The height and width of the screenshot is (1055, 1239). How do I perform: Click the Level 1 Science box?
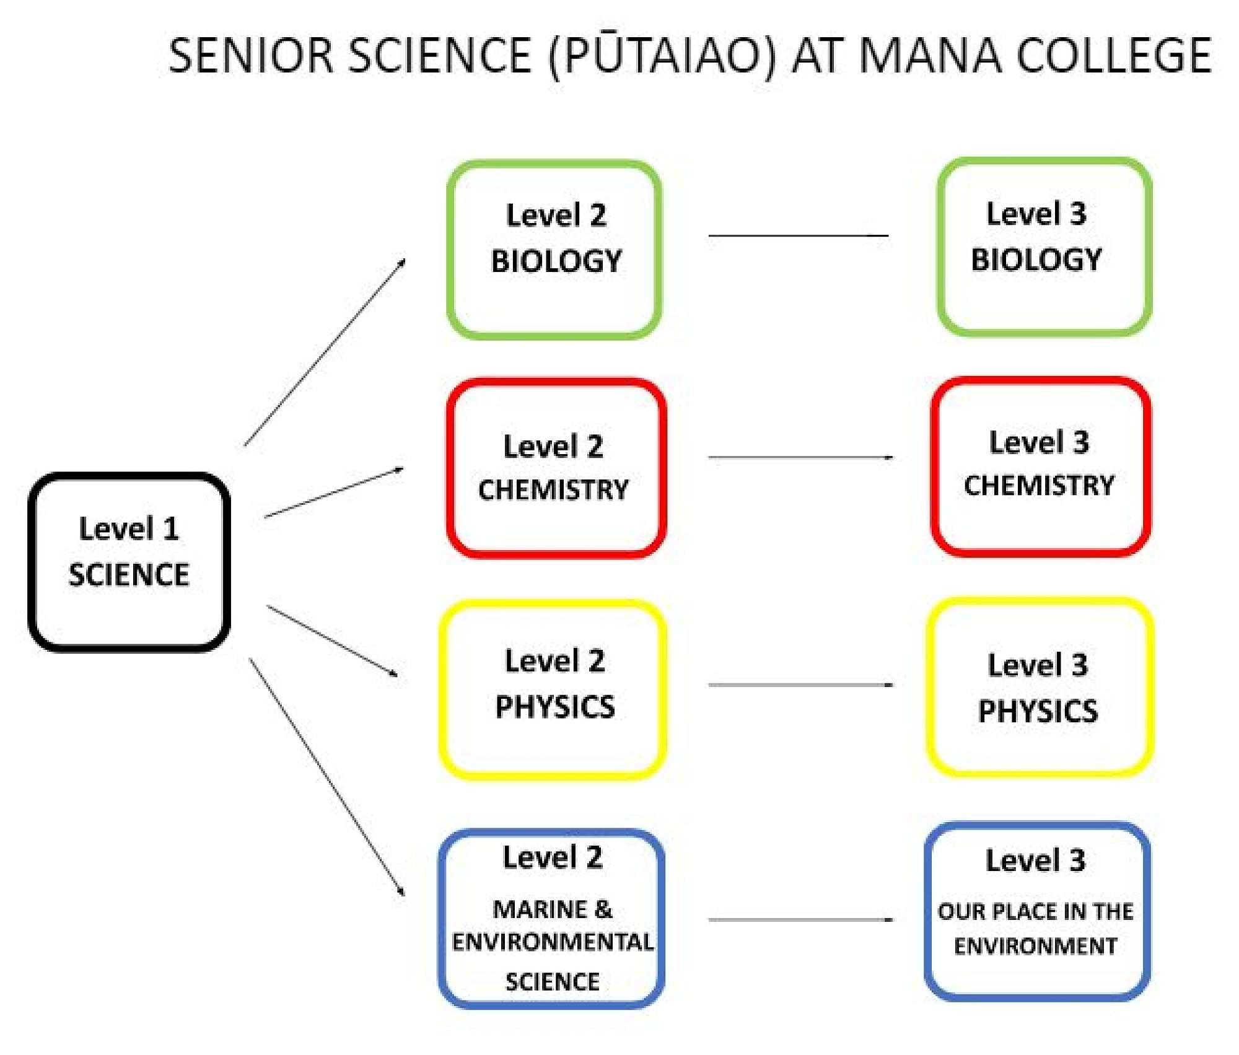(129, 561)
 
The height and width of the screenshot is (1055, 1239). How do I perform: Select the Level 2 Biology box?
(554, 250)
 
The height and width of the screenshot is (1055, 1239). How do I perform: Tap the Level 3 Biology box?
(1044, 247)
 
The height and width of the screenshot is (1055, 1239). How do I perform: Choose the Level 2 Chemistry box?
(556, 468)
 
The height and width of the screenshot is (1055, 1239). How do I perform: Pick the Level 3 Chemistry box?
(1041, 466)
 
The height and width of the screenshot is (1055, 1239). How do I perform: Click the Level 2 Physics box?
(553, 689)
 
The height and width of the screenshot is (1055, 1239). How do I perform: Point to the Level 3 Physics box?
(1040, 686)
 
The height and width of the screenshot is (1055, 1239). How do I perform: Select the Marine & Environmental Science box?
(551, 918)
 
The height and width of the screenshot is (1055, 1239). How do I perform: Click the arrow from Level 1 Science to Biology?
(325, 352)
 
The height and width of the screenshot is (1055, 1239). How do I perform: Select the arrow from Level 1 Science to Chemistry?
(334, 492)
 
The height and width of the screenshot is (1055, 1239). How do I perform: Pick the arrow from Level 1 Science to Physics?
(332, 640)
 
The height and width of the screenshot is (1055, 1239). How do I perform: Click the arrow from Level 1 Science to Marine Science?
(326, 776)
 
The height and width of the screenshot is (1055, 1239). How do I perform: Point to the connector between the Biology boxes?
(798, 235)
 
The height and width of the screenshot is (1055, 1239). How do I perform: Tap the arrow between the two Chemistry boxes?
(800, 457)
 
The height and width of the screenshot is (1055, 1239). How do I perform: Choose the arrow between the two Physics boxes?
(800, 685)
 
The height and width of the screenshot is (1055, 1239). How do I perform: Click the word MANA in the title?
(929, 56)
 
